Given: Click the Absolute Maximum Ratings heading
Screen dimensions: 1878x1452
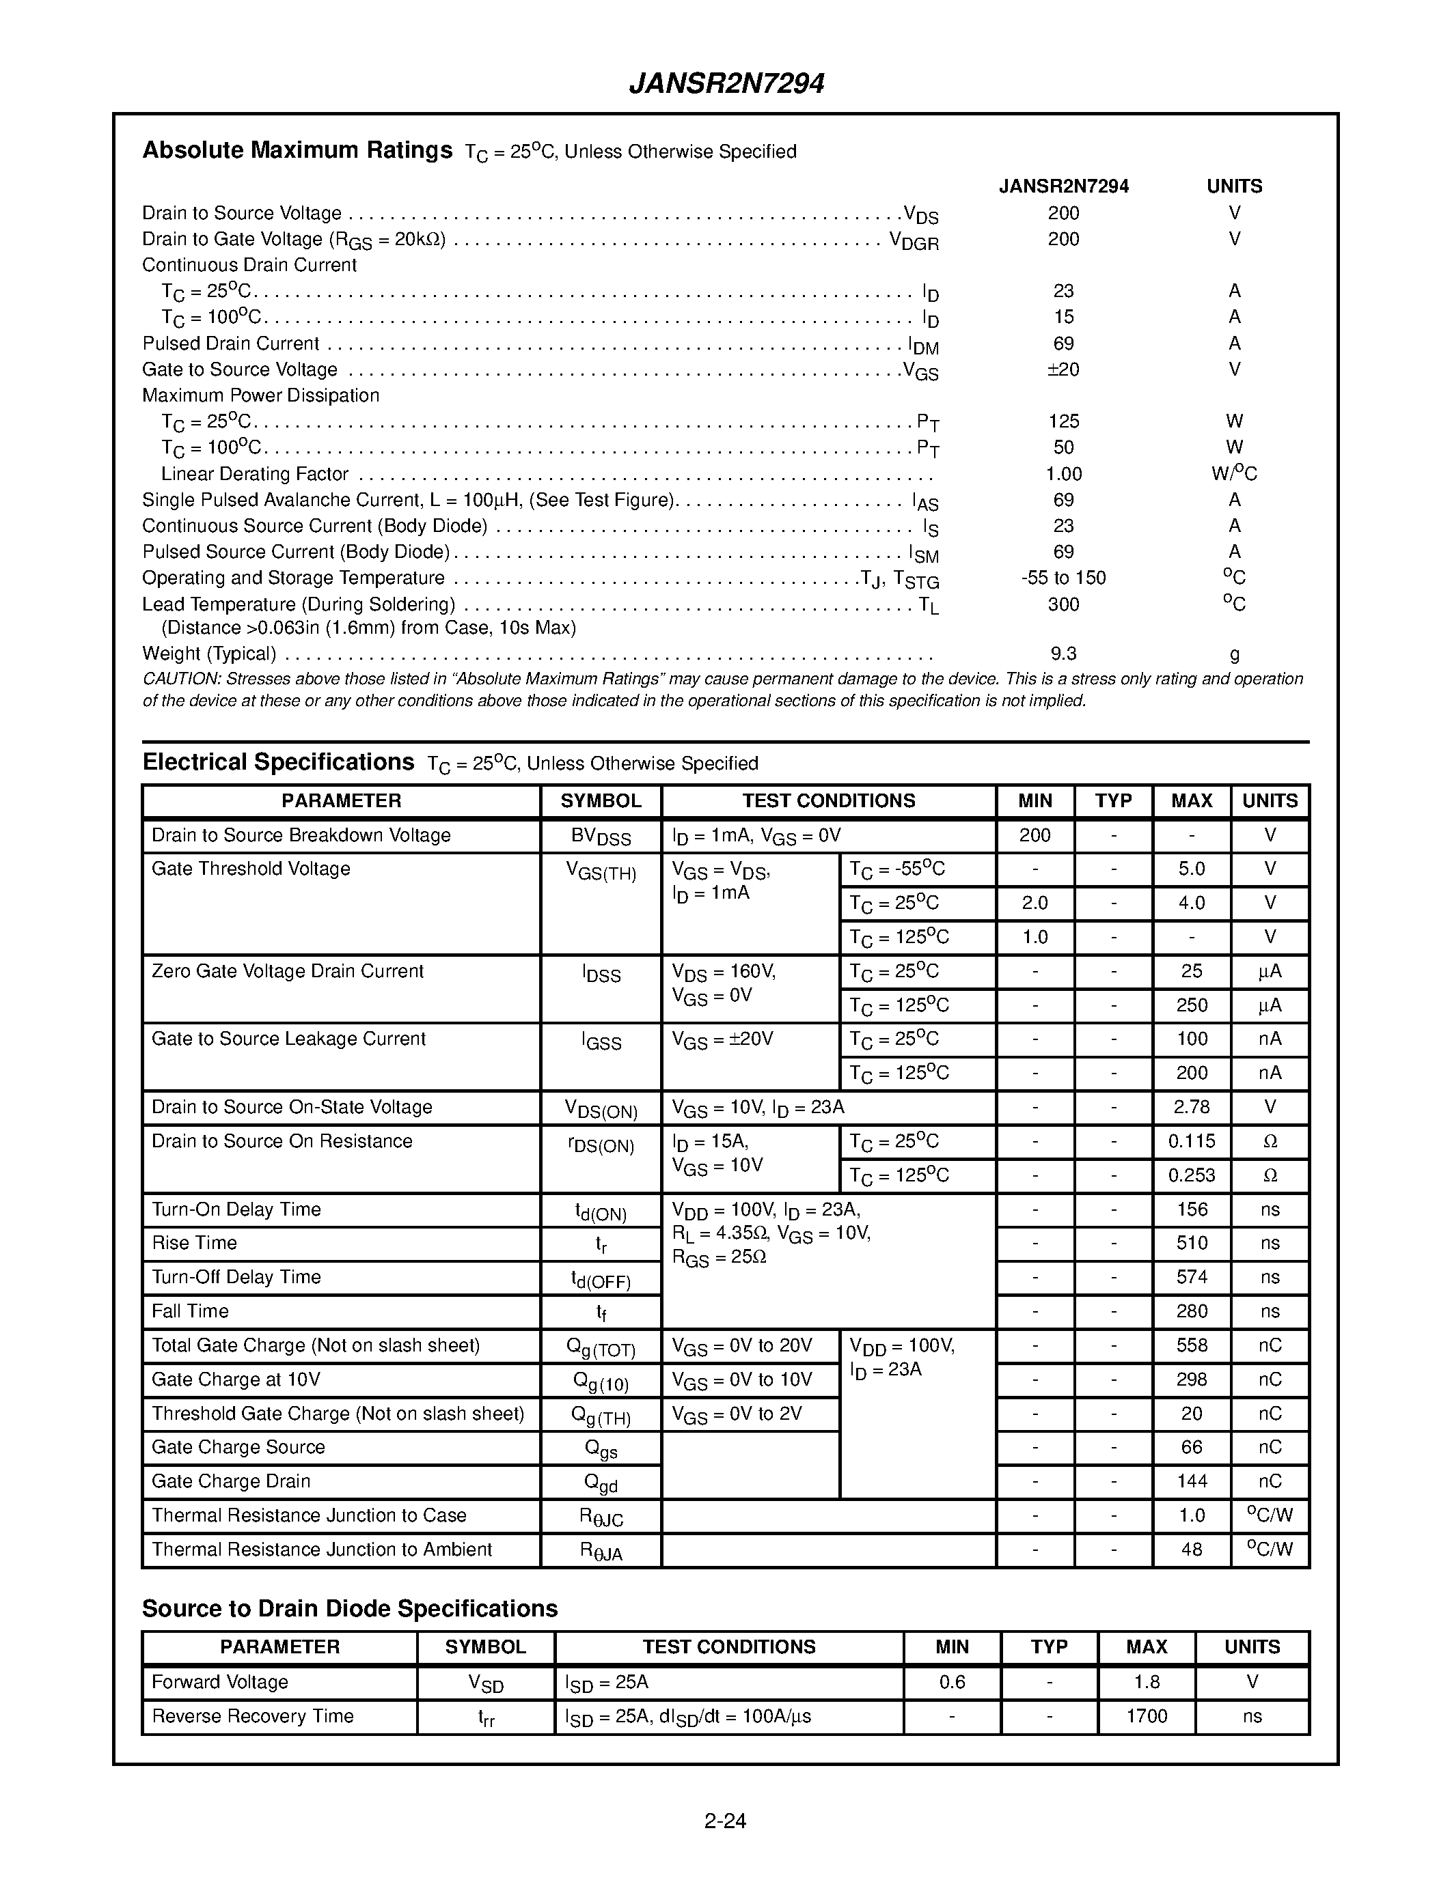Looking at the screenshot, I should pyautogui.click(x=297, y=150).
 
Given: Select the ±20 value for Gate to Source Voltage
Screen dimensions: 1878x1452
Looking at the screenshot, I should pyautogui.click(x=1063, y=369).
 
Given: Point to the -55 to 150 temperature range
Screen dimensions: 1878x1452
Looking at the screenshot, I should pyautogui.click(x=1063, y=578).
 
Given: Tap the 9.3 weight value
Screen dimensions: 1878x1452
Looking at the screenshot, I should pyautogui.click(x=1063, y=654).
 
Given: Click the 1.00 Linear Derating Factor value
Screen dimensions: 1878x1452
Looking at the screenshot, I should pyautogui.click(x=1063, y=474).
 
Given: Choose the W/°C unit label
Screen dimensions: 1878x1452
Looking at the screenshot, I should pyautogui.click(x=1233, y=474).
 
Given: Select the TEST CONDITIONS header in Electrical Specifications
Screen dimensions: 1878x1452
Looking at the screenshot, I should pyautogui.click(x=828, y=800).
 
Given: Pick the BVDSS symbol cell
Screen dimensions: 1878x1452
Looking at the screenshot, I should pyautogui.click(x=601, y=837).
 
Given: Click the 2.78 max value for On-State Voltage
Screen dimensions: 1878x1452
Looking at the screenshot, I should pyautogui.click(x=1192, y=1107).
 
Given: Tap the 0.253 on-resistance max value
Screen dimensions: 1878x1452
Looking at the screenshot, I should pyautogui.click(x=1192, y=1175).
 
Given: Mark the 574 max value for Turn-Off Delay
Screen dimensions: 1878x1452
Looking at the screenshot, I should pyautogui.click(x=1192, y=1277).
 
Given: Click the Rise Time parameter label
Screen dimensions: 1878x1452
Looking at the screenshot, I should pyautogui.click(x=195, y=1242).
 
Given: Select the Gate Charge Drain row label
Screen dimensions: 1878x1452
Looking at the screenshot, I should pyautogui.click(x=230, y=1481).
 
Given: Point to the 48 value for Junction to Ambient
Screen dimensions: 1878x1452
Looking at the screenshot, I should pyautogui.click(x=1192, y=1549).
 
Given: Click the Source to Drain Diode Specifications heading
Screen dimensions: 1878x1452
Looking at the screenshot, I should pyautogui.click(x=349, y=1609).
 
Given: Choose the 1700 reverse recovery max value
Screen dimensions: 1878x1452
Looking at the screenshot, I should pyautogui.click(x=1147, y=1716).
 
